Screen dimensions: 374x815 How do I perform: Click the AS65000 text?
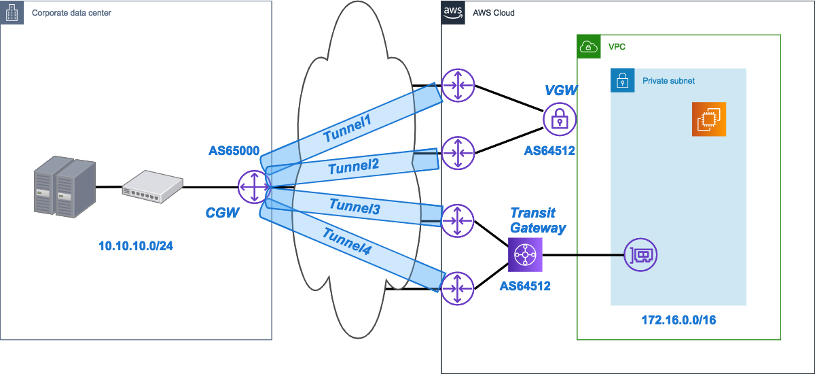(x=234, y=151)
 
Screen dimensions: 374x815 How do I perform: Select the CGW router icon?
(x=254, y=186)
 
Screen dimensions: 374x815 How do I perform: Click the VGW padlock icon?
(x=560, y=119)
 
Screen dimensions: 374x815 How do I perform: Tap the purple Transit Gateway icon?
(x=526, y=256)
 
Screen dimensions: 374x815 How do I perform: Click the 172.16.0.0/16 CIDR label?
(x=678, y=319)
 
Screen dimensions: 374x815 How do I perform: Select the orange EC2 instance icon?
(x=709, y=119)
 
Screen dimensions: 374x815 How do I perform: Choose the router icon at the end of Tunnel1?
(x=457, y=86)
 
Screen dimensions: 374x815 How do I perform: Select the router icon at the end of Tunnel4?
(x=457, y=288)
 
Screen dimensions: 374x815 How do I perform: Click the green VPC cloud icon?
(x=588, y=46)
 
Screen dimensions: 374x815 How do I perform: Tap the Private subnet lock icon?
(x=621, y=80)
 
